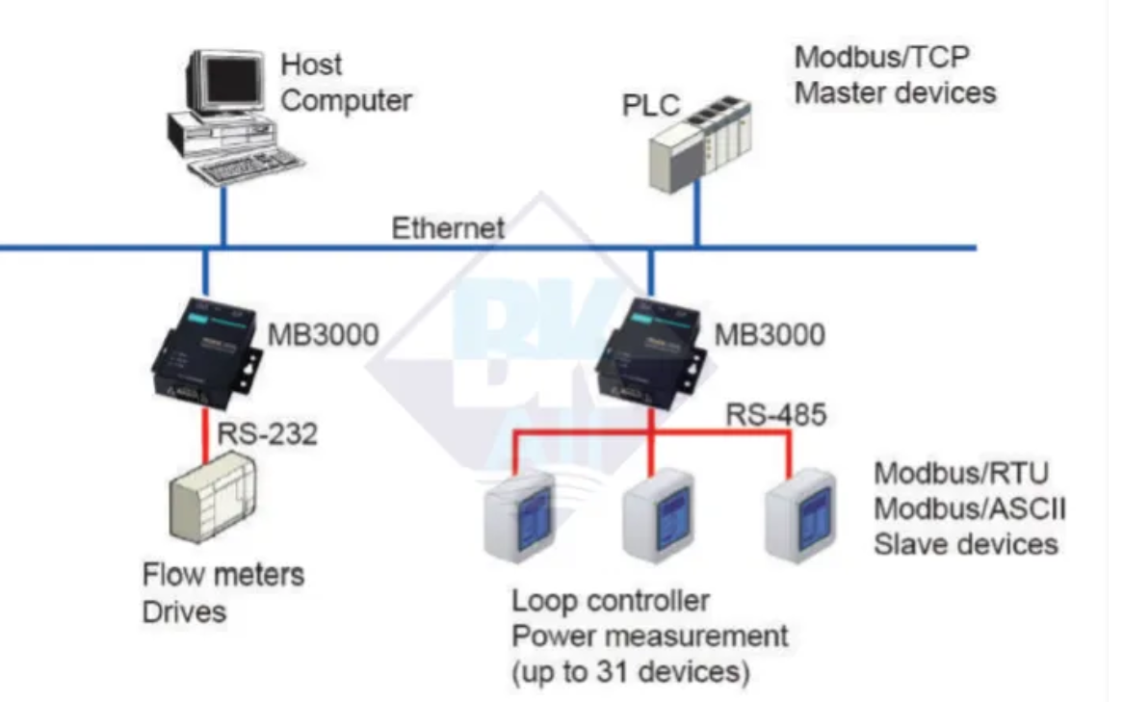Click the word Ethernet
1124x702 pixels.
click(x=447, y=229)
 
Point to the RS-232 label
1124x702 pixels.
click(x=267, y=433)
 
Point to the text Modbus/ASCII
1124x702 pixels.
click(x=970, y=508)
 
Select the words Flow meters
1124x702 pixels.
click(x=223, y=576)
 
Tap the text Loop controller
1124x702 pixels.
click(x=611, y=602)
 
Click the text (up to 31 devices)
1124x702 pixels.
click(x=630, y=671)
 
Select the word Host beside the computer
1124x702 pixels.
click(x=311, y=65)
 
